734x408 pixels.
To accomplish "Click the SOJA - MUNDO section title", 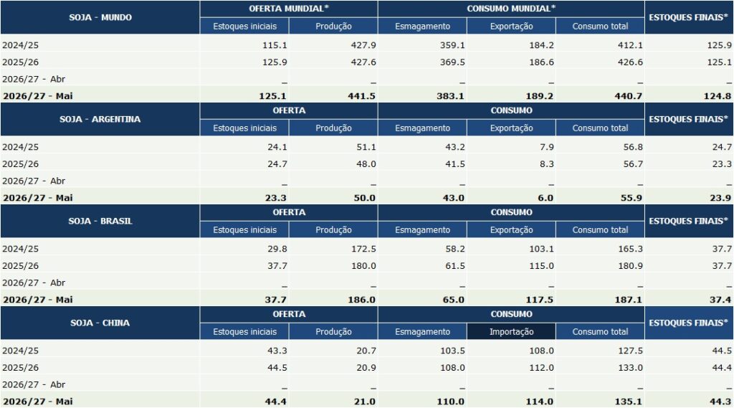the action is point(100,17).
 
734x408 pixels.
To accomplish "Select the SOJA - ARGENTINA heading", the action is point(100,119).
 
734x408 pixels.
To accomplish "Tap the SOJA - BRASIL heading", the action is point(100,221).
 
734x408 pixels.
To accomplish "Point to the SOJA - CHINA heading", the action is point(100,323).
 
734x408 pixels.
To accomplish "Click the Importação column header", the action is point(511,332).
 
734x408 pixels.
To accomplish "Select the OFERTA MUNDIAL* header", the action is point(289,9).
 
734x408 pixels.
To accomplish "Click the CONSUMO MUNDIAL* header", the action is point(511,9).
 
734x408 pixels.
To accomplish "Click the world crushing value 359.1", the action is point(452,45).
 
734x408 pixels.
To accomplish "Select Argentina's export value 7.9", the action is point(547,147).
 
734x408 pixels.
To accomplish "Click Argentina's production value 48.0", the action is point(366,164).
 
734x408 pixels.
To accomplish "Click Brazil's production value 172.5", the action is point(363,249).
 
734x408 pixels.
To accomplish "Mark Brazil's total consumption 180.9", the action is point(631,265).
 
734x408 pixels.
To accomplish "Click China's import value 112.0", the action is point(542,368).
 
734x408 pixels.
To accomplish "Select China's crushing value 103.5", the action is point(452,351).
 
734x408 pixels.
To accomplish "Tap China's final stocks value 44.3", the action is point(720,402).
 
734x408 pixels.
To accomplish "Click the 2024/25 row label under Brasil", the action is point(21,249).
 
